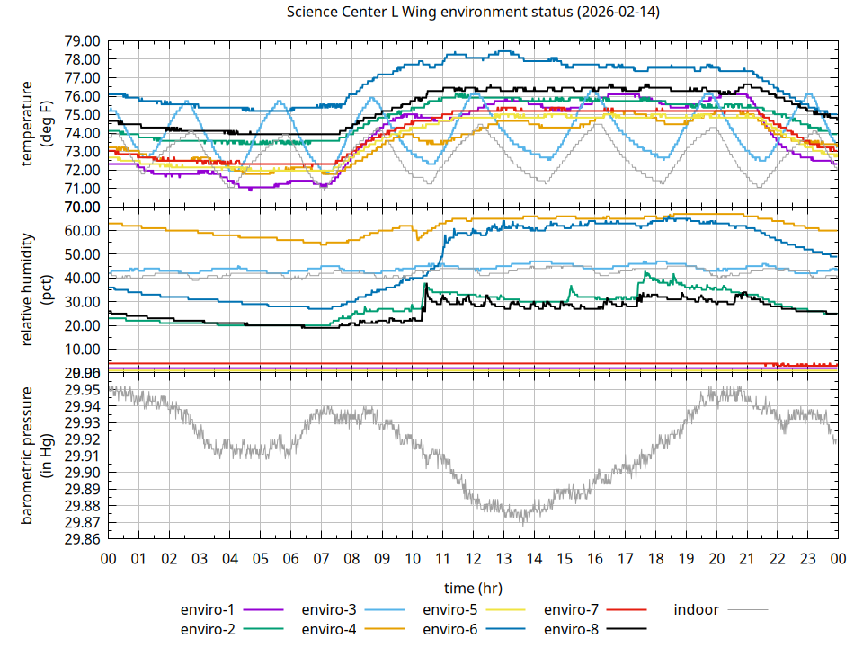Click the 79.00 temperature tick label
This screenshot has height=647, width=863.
(82, 41)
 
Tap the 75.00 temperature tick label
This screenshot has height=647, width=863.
(82, 115)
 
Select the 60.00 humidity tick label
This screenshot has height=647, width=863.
(82, 231)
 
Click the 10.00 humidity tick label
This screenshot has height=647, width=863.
(82, 350)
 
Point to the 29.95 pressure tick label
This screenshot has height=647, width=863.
(82, 389)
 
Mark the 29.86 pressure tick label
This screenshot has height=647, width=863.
(82, 540)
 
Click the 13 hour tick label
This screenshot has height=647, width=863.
(503, 558)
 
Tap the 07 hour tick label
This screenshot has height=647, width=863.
(321, 558)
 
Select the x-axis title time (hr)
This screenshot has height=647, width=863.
(473, 588)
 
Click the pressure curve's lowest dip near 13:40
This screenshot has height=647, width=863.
(523, 521)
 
